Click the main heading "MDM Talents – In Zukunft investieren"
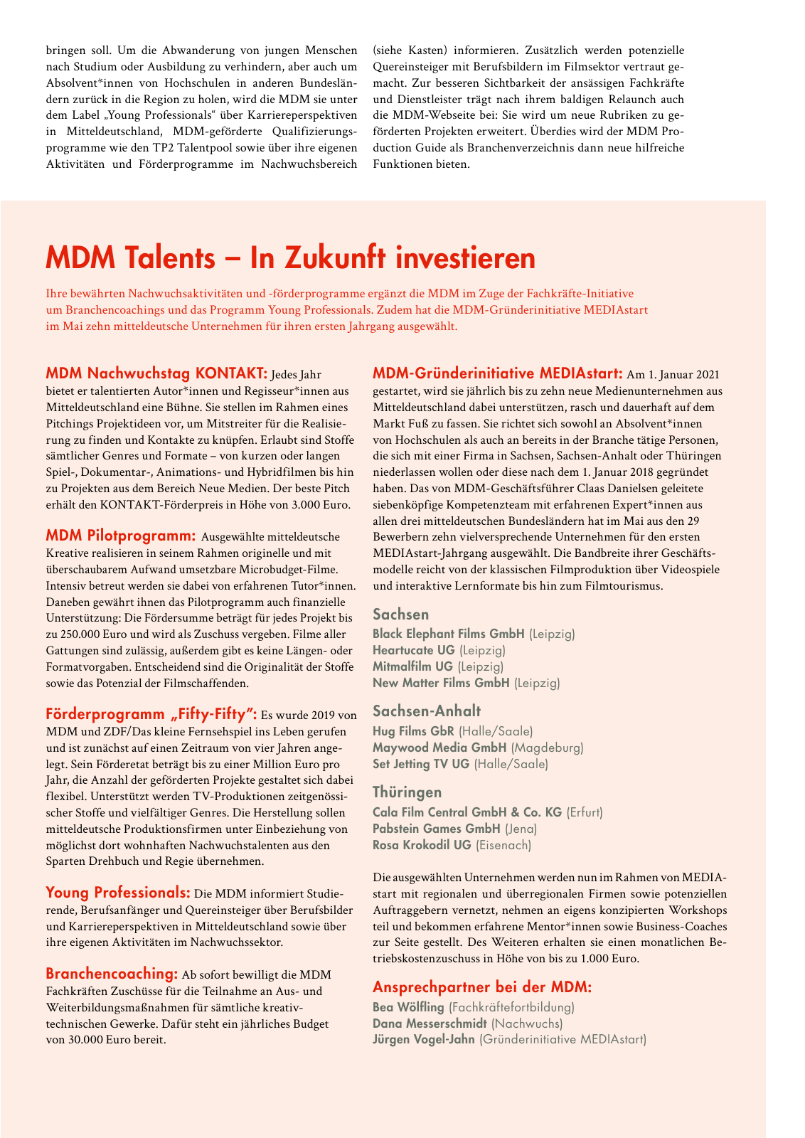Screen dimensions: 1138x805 (x=290, y=258)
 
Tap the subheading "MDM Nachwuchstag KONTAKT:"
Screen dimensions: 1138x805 (x=156, y=373)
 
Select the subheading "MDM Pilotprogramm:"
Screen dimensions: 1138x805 (x=120, y=536)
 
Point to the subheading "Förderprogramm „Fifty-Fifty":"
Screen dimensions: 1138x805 (x=151, y=714)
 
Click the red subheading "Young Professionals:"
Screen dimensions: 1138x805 (x=118, y=893)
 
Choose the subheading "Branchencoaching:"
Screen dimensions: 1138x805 (x=112, y=974)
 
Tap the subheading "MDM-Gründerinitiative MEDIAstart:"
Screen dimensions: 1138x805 (x=498, y=373)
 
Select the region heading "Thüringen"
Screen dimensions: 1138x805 (x=407, y=792)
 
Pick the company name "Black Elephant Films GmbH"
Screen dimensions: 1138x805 (x=449, y=634)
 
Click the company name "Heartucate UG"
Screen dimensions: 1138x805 (x=414, y=650)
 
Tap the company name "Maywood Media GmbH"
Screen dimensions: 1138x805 (x=439, y=748)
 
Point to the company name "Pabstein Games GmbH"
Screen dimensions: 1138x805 (x=437, y=829)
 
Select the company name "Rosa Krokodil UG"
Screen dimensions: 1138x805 (x=422, y=845)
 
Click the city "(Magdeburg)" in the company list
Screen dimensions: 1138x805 (x=547, y=748)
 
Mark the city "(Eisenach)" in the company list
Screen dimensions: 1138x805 (x=503, y=845)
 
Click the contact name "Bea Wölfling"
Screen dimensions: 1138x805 (x=408, y=1007)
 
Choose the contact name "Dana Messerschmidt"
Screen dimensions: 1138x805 (x=430, y=1023)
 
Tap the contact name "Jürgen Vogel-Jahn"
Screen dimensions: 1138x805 (x=424, y=1040)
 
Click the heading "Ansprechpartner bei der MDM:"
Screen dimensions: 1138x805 (x=482, y=987)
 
